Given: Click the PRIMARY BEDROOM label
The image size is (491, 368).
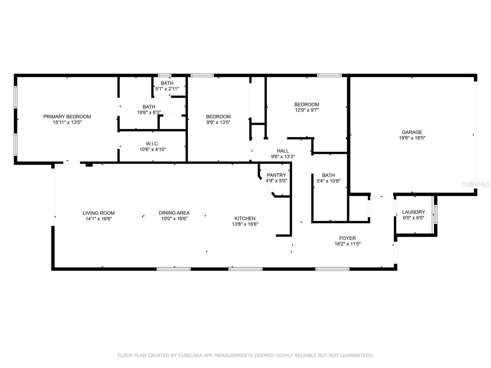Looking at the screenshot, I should (x=67, y=117).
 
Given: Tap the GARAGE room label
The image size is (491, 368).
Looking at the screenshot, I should (x=412, y=132).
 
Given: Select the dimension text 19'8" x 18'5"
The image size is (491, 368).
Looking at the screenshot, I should (x=412, y=138).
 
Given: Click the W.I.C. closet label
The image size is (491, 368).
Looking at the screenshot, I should (x=152, y=144).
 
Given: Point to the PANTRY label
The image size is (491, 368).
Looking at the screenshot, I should (x=276, y=175).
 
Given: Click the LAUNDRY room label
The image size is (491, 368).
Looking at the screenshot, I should (x=413, y=212).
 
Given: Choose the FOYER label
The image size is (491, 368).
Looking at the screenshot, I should (x=347, y=238).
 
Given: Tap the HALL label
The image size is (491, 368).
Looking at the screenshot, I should (x=283, y=151).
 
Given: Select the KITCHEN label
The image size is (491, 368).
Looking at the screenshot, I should (x=245, y=218).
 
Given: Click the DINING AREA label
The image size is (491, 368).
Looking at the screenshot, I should (x=174, y=213).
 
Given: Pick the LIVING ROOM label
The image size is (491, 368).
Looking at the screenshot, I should (x=99, y=213).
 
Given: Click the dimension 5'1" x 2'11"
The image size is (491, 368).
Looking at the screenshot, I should (x=167, y=89).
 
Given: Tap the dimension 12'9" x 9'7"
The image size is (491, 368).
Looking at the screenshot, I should (x=307, y=110).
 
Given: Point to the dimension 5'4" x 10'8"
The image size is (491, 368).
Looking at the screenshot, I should (x=328, y=181).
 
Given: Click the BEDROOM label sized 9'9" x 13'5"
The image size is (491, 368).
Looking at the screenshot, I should (x=218, y=117).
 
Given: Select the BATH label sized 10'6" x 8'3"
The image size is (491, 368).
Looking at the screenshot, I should (x=149, y=107).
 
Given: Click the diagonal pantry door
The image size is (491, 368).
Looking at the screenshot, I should (x=266, y=186).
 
